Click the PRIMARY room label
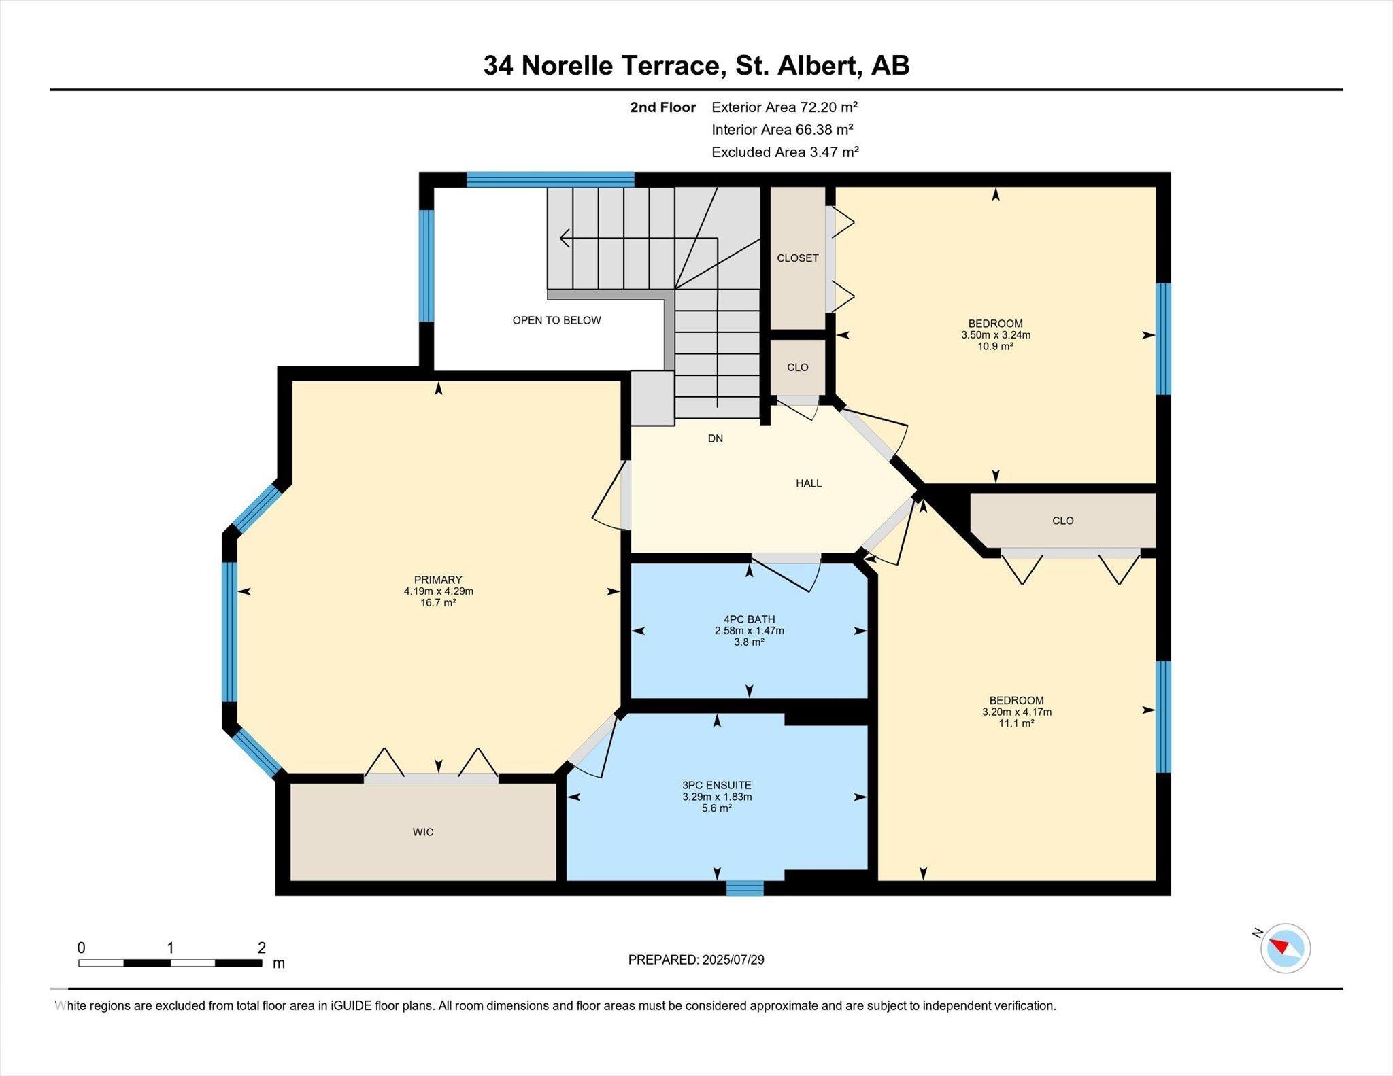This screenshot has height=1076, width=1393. tap(438, 580)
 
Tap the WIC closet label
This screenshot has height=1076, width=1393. tap(423, 832)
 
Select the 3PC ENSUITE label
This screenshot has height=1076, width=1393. tap(717, 785)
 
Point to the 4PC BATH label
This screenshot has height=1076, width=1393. tap(750, 619)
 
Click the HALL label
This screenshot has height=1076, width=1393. tap(809, 483)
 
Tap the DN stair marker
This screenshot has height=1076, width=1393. tap(716, 438)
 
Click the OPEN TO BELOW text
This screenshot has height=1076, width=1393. tap(556, 320)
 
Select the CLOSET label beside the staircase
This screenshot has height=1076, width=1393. tap(798, 258)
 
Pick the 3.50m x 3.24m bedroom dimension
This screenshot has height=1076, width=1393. tap(996, 334)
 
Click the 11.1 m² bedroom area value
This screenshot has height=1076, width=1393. tap(1017, 723)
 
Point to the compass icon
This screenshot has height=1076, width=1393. tap(1285, 948)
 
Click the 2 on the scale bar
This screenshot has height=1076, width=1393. tap(262, 948)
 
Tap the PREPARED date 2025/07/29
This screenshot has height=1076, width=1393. tap(733, 960)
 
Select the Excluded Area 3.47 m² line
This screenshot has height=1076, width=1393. tap(785, 152)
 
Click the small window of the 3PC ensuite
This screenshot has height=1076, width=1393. tap(745, 888)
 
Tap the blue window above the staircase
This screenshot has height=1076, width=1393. tap(550, 179)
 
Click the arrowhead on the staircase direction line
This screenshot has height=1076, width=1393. tap(565, 239)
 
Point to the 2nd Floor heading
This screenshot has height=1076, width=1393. tap(663, 107)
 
